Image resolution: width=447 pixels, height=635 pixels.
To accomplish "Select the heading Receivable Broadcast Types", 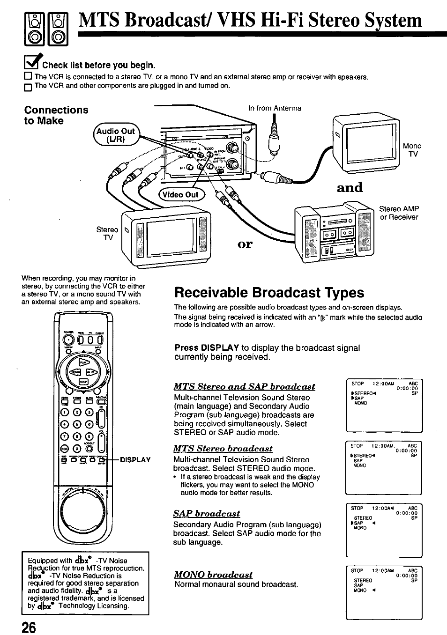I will [x=269, y=293].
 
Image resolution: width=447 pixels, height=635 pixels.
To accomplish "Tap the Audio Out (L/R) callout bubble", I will [x=115, y=135].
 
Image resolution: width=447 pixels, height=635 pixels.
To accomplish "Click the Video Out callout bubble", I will [x=179, y=195].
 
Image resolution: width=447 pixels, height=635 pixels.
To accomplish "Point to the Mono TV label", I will [x=412, y=150].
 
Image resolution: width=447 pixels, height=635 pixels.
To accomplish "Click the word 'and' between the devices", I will [x=350, y=187].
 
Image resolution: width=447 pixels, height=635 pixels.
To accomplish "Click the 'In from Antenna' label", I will [x=275, y=108].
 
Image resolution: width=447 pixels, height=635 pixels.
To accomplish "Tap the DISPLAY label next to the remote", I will [x=135, y=459].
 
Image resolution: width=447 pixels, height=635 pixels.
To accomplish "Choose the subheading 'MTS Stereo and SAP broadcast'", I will [x=244, y=386].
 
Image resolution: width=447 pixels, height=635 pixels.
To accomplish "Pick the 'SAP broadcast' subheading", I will [x=206, y=513].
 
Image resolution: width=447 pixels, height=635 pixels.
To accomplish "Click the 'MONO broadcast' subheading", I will [x=213, y=574].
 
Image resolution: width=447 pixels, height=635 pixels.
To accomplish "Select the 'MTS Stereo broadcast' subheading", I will [x=223, y=448].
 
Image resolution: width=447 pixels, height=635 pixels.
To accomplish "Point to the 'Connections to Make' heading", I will [x=56, y=115].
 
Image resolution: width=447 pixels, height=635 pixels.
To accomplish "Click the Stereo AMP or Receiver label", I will [x=399, y=213].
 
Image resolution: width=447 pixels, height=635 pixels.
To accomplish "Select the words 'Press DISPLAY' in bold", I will [x=207, y=348].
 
